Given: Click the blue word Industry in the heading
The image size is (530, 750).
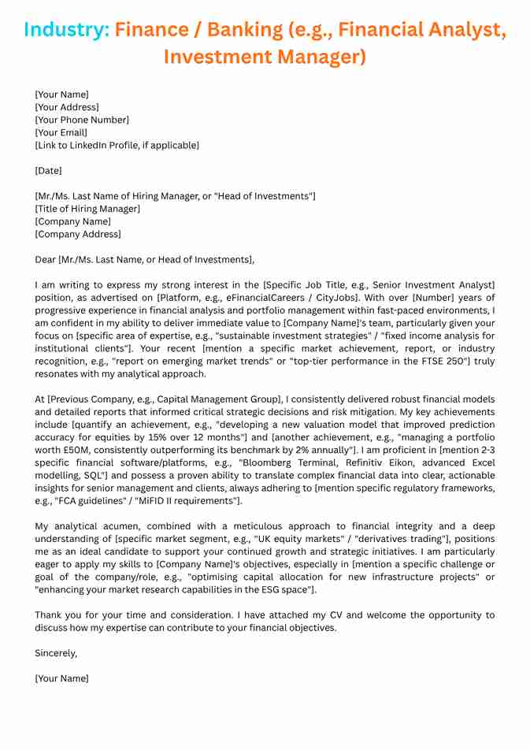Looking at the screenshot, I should (x=65, y=30).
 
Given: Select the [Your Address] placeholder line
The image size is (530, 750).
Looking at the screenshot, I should (x=67, y=107).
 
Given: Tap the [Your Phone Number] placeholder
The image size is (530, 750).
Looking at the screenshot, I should (x=82, y=120).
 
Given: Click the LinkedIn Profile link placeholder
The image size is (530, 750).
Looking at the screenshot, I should (x=117, y=145).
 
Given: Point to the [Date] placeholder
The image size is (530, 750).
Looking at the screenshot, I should (x=48, y=170).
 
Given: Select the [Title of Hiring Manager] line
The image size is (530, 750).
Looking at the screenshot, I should (x=87, y=209).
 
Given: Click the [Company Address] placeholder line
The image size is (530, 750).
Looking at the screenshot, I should (x=78, y=234).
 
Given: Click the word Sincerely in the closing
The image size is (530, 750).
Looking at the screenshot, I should (x=56, y=653).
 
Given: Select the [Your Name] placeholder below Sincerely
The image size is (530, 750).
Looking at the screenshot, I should (x=61, y=678).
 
